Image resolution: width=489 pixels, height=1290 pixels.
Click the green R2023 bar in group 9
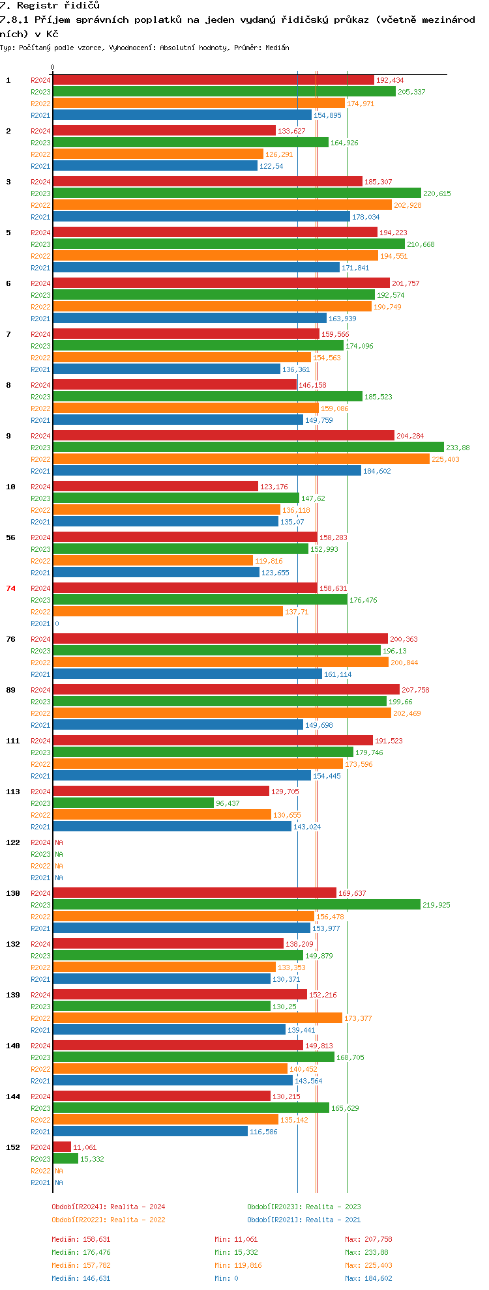tap(248, 448)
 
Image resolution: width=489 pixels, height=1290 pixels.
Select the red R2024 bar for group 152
tap(62, 1147)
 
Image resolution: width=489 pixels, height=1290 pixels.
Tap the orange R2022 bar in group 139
tap(198, 1018)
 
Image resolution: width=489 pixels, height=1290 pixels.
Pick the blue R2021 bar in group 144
tap(151, 1132)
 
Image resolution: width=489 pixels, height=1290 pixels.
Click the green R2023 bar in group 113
tap(134, 803)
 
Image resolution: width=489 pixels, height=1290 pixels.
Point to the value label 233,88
tap(458, 448)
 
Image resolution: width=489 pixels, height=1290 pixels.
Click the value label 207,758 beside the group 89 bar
tap(415, 690)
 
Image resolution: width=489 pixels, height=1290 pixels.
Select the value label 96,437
tap(228, 803)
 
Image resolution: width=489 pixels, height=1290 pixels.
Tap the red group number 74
tap(11, 588)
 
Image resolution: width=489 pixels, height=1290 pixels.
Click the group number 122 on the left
tap(13, 842)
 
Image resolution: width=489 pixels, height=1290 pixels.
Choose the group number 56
tap(11, 537)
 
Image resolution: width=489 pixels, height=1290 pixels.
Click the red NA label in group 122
tap(59, 842)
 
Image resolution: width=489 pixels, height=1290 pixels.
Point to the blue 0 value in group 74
tap(57, 623)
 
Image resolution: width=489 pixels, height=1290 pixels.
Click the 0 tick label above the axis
tap(53, 67)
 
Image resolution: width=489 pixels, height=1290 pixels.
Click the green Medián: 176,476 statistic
tap(81, 1252)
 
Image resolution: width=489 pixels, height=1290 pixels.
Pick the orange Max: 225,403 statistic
tap(369, 1265)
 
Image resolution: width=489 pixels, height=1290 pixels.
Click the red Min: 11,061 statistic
tap(236, 1239)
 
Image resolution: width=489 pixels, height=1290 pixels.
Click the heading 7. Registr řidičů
tap(50, 6)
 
